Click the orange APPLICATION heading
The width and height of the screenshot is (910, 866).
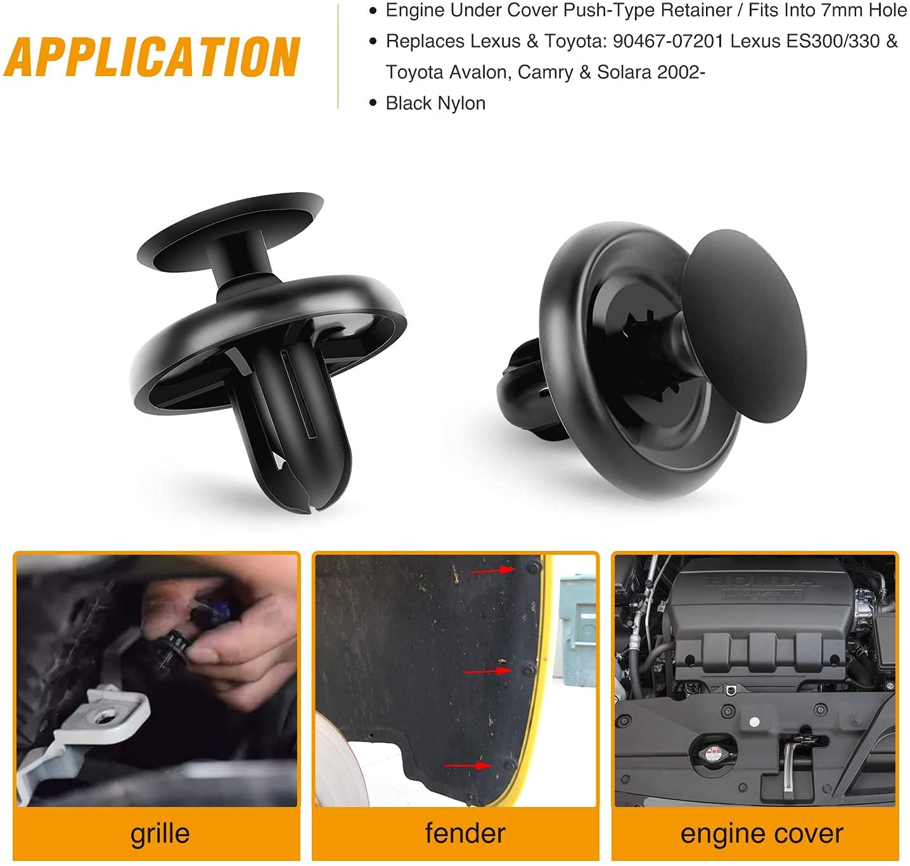pyautogui.click(x=152, y=57)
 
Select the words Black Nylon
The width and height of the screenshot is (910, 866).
pyautogui.click(x=435, y=103)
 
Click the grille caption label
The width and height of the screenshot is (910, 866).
pyautogui.click(x=160, y=833)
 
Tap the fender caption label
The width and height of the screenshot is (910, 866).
pyautogui.click(x=465, y=833)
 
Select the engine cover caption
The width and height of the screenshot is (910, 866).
pyautogui.click(x=761, y=833)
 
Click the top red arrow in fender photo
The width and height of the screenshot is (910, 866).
pyautogui.click(x=494, y=570)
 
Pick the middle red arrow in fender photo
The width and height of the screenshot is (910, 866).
pyautogui.click(x=488, y=671)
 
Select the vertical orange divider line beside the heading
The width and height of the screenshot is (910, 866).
pyautogui.click(x=338, y=57)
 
